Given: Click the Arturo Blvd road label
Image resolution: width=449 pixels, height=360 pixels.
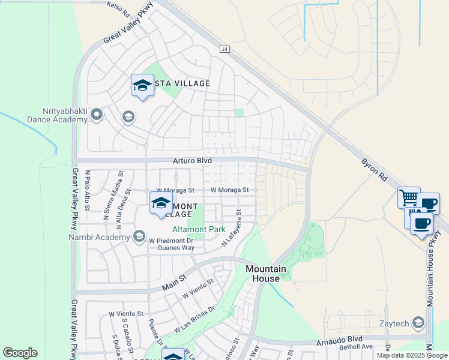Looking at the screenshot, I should tap(193, 161).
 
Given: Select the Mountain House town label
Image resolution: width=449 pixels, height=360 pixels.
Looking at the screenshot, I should tap(263, 274).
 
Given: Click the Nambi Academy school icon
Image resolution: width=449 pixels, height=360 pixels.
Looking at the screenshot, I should tap(139, 236).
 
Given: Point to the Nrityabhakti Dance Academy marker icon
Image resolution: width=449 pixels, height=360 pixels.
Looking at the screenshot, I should tap(96, 115).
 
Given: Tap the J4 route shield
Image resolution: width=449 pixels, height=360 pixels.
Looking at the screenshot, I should tap(224, 49).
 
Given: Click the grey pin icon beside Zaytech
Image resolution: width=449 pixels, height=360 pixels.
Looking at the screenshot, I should tap(418, 323).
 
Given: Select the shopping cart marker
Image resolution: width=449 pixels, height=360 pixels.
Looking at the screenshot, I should tap(409, 197).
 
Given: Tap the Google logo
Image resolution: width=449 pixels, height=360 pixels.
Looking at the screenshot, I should tap(20, 353).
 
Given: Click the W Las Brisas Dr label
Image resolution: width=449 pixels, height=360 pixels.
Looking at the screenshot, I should tap(194, 321).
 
